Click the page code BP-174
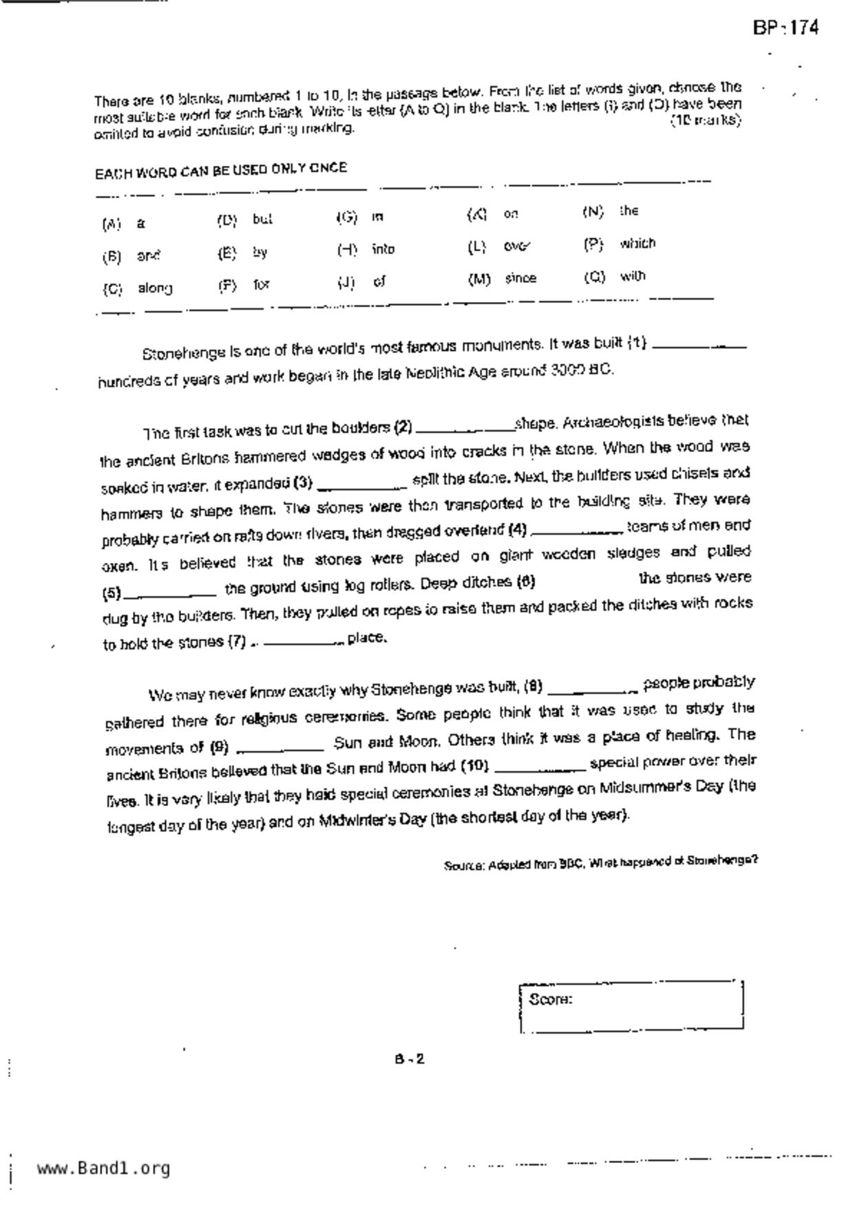pyautogui.click(x=785, y=28)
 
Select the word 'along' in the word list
pyautogui.click(x=155, y=288)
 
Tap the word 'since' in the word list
pyautogui.click(x=520, y=279)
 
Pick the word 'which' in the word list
pyautogui.click(x=638, y=244)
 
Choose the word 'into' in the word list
pyautogui.click(x=383, y=249)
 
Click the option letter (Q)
pyautogui.click(x=594, y=277)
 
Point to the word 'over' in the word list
pyautogui.click(x=516, y=246)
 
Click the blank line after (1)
pyautogui.click(x=698, y=345)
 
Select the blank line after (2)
pyautogui.click(x=464, y=429)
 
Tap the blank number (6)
pyautogui.click(x=526, y=582)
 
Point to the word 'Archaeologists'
pyautogui.click(x=611, y=421)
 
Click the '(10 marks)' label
pyautogui.click(x=706, y=120)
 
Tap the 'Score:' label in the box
pyautogui.click(x=550, y=999)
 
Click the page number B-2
pyautogui.click(x=410, y=1059)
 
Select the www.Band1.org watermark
pyautogui.click(x=103, y=1168)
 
